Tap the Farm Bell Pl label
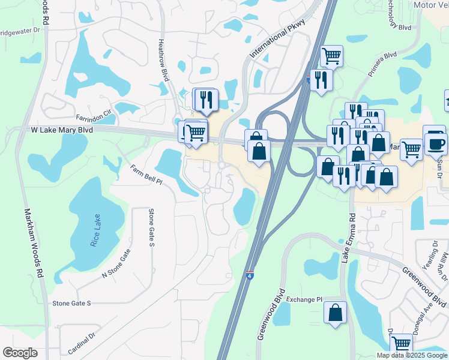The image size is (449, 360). [148, 175]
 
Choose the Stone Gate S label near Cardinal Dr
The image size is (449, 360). [71, 304]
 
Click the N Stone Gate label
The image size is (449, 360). [116, 266]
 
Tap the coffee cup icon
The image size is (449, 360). [435, 143]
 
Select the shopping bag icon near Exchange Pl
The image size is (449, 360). [336, 312]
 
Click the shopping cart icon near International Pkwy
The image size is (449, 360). [331, 56]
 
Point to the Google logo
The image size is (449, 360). [20, 353]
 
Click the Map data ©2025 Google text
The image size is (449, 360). [412, 355]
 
